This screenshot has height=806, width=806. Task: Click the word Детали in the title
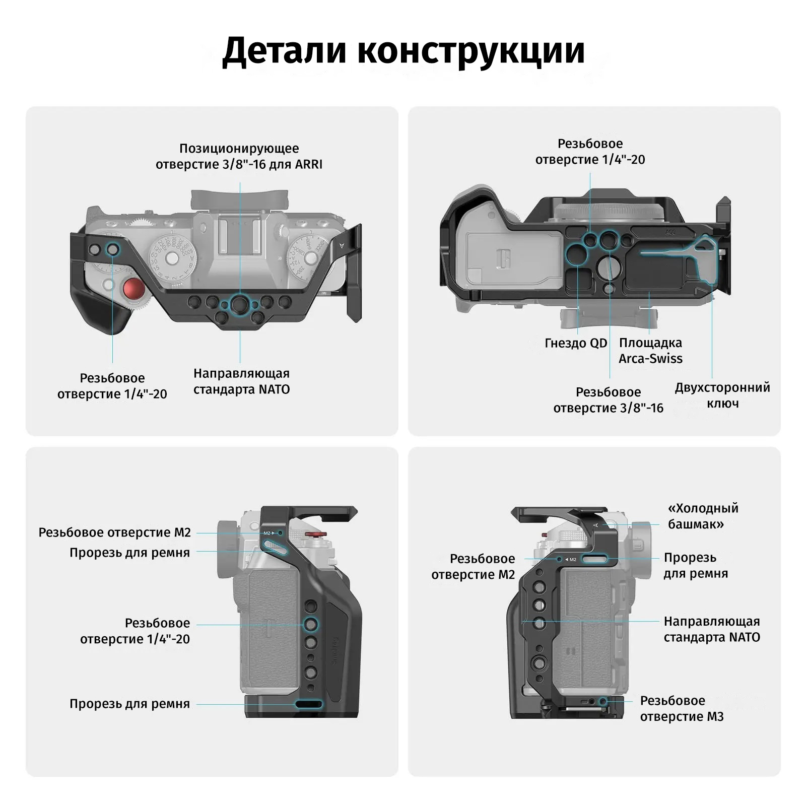(x=284, y=50)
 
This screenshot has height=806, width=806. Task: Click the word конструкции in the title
(x=471, y=50)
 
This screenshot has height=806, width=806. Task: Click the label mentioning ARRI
(x=239, y=156)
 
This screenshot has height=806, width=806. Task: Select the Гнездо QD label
(x=576, y=343)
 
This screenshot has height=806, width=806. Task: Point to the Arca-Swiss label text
(x=650, y=351)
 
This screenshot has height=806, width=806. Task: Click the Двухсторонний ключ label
(x=722, y=395)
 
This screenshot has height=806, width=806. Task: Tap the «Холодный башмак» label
(x=703, y=516)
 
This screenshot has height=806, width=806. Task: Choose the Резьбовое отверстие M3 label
(x=682, y=708)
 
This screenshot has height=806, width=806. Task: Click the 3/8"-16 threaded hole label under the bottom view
(x=608, y=400)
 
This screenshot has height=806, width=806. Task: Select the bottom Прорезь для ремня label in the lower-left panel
(x=129, y=704)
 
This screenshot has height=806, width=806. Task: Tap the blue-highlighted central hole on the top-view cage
(x=239, y=304)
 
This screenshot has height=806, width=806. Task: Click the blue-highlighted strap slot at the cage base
(x=308, y=704)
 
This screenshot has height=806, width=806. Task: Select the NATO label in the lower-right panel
(x=711, y=629)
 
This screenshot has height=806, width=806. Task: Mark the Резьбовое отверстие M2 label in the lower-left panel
(x=115, y=532)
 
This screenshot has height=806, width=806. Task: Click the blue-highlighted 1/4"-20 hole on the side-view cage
(x=310, y=624)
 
